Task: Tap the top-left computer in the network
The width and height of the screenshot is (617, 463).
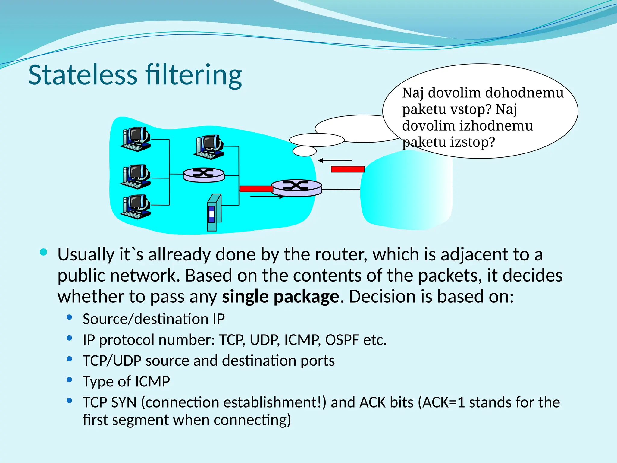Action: [x=136, y=139]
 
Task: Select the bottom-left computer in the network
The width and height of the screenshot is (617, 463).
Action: [x=136, y=206]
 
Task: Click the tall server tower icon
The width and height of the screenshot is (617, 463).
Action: [x=214, y=212]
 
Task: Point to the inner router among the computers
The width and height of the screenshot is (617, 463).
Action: [x=204, y=175]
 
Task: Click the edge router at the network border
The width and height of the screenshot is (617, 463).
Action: [x=296, y=187]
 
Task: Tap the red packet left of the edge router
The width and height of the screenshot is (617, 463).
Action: [x=256, y=189]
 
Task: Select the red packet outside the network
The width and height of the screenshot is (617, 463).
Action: [x=348, y=169]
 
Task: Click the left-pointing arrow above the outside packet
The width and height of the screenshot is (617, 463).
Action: [x=335, y=160]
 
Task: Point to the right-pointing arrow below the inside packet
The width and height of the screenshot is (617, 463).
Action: [x=267, y=197]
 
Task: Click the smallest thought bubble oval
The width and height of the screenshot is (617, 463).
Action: [x=305, y=151]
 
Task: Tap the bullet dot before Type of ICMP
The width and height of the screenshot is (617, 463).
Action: [x=70, y=380]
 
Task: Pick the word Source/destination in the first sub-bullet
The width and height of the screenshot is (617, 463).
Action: [x=146, y=319]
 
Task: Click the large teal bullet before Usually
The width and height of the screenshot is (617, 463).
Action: [x=44, y=252]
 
